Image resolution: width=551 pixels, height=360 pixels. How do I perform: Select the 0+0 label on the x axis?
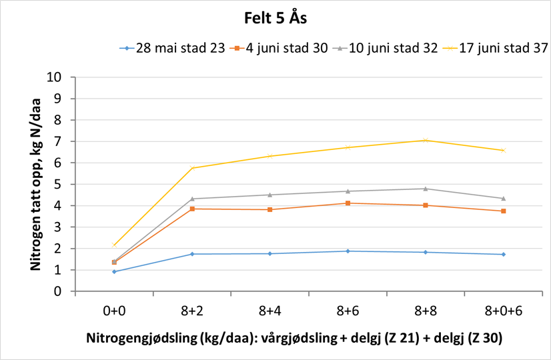click(x=114, y=311)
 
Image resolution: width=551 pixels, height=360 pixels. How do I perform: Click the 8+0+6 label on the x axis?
click(x=503, y=311)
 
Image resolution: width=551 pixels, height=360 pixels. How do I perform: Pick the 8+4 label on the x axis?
click(x=269, y=311)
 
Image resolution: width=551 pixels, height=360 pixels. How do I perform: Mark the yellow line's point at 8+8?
click(x=426, y=140)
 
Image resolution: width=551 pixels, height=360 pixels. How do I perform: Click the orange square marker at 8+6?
click(x=348, y=203)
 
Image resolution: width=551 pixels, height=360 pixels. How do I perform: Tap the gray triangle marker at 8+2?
click(x=192, y=199)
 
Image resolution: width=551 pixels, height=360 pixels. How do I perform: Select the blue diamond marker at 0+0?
click(x=114, y=271)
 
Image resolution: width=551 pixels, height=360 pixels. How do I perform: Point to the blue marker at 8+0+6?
click(x=503, y=254)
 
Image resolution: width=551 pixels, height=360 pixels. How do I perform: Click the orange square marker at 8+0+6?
click(x=503, y=211)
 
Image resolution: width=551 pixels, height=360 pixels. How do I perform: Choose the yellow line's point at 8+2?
click(x=192, y=168)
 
